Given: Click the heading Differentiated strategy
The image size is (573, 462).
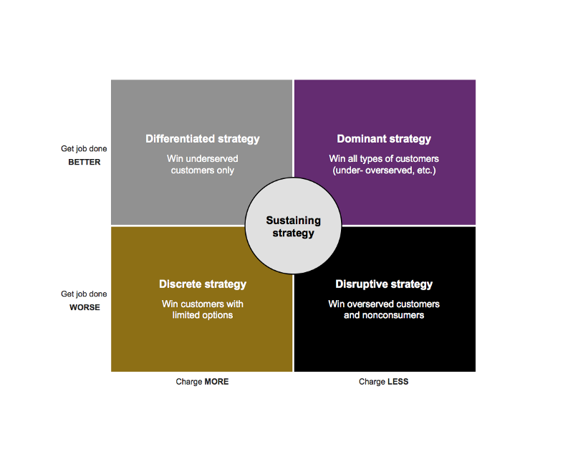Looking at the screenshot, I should tap(202, 139).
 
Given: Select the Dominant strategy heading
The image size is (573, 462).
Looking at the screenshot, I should tap(384, 139).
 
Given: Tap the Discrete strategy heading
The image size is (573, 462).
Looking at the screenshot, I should tap(202, 284).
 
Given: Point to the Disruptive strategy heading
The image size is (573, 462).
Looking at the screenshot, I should tap(384, 284).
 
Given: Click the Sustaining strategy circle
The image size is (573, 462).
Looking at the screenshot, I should tap(293, 227).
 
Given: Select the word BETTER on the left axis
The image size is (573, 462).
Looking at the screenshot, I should tap(85, 162).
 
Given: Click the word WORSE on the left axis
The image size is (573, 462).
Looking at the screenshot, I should tap(85, 307).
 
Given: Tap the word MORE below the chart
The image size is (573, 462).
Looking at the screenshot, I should tap(216, 382).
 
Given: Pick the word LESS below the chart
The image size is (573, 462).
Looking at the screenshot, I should tap(398, 382).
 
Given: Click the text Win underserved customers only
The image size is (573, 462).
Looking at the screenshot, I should tap(202, 165).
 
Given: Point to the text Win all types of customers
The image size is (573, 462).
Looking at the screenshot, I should tap(384, 158).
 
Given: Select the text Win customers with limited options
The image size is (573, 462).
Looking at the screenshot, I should tap(202, 309).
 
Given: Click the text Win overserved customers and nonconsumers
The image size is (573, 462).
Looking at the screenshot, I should tap(384, 309).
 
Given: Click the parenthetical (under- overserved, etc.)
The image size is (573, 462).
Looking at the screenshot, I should tap(384, 170).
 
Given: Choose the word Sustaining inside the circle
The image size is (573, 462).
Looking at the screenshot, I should tap(293, 221).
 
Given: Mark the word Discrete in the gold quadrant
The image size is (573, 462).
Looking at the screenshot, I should tap(179, 284).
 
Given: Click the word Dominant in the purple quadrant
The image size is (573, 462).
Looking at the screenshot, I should tap(361, 139).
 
